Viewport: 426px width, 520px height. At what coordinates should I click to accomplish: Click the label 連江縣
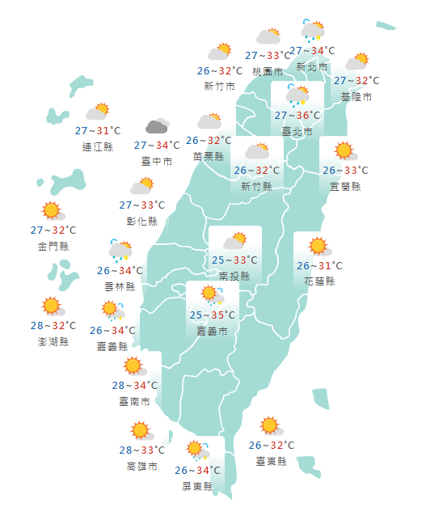click(98, 146)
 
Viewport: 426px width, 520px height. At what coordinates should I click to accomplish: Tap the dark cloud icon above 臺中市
click(157, 127)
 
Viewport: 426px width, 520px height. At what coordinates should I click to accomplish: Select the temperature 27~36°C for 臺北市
click(297, 116)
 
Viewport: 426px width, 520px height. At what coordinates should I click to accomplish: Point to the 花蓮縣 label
click(318, 281)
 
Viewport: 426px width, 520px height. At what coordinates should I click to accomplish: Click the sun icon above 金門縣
click(53, 212)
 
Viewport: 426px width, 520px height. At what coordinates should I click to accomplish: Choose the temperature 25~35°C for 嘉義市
click(212, 315)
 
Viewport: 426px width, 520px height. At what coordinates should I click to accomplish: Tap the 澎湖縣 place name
click(53, 341)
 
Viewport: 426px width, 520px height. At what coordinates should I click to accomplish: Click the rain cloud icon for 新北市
click(313, 32)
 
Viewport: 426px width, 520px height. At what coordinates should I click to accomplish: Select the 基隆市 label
click(356, 96)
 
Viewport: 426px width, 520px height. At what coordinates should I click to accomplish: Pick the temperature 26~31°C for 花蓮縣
click(318, 265)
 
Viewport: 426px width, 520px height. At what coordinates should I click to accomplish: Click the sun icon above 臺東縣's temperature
click(269, 426)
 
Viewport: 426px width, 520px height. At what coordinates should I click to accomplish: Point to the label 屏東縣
click(197, 486)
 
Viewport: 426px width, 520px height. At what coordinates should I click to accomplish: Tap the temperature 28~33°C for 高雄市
click(141, 450)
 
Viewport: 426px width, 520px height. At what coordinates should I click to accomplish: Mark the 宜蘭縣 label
click(345, 186)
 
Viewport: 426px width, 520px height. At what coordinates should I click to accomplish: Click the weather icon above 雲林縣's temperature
click(120, 250)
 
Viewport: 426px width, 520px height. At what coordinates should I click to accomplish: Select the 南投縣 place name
click(234, 276)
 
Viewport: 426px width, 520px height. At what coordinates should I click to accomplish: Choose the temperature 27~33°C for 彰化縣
click(141, 205)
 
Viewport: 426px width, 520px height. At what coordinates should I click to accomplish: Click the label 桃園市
click(268, 71)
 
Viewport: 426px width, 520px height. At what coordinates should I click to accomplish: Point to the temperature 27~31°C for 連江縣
click(98, 130)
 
